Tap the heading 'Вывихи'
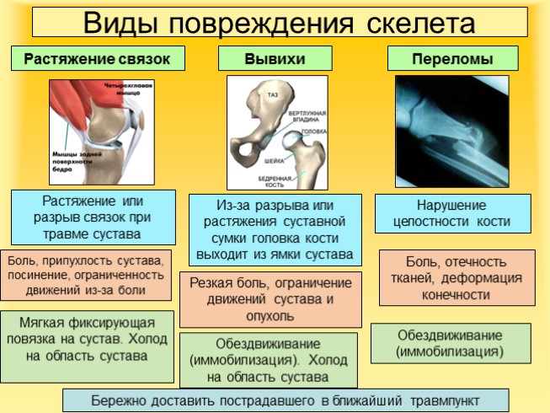tap(274, 59)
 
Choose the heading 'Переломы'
tap(451, 59)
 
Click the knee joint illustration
tap(101, 131)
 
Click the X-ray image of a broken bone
tap(451, 131)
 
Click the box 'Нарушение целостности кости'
tap(452, 213)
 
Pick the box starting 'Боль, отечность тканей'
tap(457, 277)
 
